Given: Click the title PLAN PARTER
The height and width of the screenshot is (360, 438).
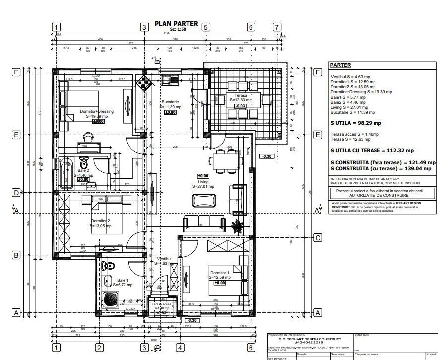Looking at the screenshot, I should [176, 23].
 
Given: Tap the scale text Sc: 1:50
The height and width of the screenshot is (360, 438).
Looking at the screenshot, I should [177, 30].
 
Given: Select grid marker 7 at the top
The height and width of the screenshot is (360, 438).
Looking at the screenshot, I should [276, 27].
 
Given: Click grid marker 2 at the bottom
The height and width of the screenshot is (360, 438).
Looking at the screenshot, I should [99, 347].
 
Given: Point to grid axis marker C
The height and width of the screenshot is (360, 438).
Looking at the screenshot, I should [318, 238].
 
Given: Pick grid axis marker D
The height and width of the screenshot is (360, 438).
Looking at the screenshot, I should [16, 192].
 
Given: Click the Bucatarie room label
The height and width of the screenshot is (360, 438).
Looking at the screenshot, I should [170, 102].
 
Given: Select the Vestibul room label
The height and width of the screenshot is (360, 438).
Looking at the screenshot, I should [164, 259].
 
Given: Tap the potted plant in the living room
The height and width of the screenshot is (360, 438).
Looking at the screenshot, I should [237, 226].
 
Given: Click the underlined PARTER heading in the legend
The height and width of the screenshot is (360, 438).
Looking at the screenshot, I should [340, 65].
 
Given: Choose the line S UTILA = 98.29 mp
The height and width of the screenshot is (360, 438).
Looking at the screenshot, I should [356, 123].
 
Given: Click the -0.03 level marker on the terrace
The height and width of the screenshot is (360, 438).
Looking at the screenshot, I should [241, 106].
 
